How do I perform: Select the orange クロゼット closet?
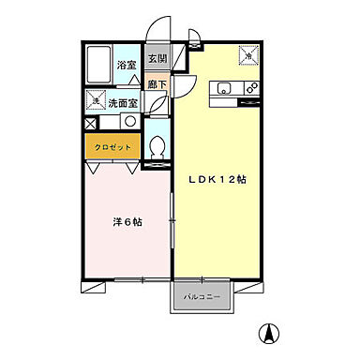pyautogui.click(x=113, y=148)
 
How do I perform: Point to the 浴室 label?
pyautogui.click(x=127, y=66)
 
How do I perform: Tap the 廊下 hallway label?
pyautogui.click(x=157, y=84)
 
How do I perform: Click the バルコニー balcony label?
pyautogui.click(x=202, y=297)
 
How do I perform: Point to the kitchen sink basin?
pyautogui.click(x=223, y=88)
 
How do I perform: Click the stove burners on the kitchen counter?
pyautogui.click(x=251, y=88)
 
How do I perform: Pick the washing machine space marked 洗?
pyautogui.click(x=95, y=100)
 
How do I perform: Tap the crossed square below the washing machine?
pyautogui.click(x=90, y=122)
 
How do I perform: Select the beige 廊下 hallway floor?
pyautogui.click(x=157, y=85)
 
